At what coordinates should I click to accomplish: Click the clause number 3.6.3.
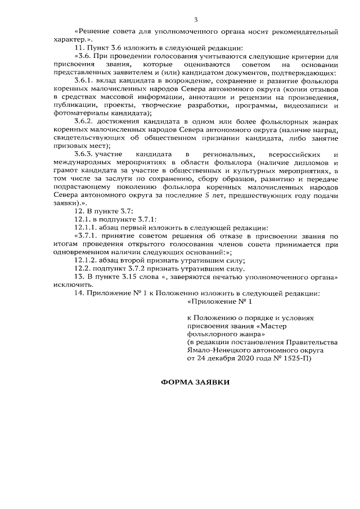[x=84, y=154]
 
